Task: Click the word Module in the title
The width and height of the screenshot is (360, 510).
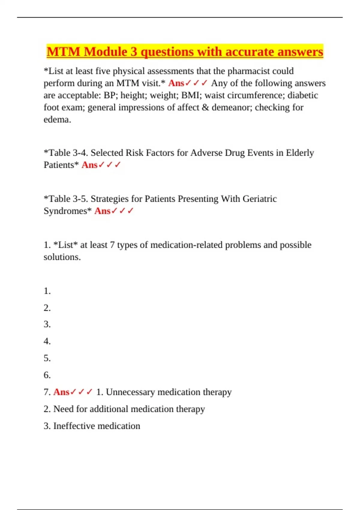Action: (x=106, y=52)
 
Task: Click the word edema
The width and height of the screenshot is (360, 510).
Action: (x=57, y=120)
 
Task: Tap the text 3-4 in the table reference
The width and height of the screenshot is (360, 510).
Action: (x=80, y=153)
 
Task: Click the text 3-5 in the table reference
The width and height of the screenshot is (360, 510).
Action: (x=80, y=199)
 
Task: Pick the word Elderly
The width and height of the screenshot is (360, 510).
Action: (x=300, y=153)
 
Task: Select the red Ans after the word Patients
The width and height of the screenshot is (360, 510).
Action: (x=89, y=165)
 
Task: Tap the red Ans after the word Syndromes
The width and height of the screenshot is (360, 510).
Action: (x=102, y=211)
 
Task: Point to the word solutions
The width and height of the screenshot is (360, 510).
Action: (x=62, y=257)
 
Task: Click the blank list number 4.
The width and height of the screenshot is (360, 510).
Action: (x=47, y=341)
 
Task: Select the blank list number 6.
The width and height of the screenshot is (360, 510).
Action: (x=47, y=375)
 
